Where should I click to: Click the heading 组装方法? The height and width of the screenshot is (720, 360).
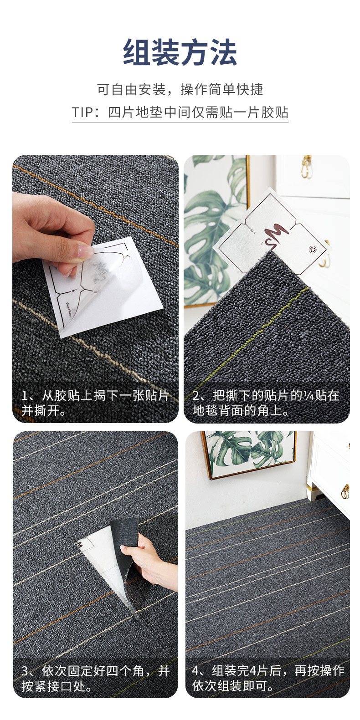180,52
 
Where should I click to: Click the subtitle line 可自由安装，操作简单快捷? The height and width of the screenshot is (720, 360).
180,89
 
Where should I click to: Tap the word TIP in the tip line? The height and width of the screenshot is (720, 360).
82,112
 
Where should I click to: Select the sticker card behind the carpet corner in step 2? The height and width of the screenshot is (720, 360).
273,235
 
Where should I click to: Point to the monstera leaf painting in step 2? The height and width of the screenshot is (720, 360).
216,231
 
